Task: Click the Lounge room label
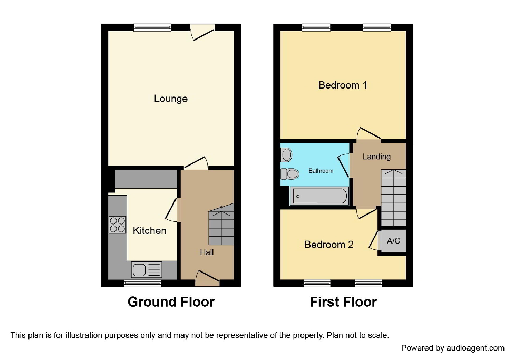[170, 99]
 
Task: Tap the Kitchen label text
[149, 230]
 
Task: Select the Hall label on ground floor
[207, 252]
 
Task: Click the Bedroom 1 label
[343, 85]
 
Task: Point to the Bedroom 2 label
[329, 245]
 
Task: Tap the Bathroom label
[321, 171]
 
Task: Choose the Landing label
[376, 157]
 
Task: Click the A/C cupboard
[393, 241]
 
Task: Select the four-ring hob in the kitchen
[117, 225]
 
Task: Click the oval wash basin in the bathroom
[286, 154]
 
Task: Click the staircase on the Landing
[393, 198]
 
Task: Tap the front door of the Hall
[207, 278]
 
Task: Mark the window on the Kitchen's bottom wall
[143, 284]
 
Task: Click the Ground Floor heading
[171, 302]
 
